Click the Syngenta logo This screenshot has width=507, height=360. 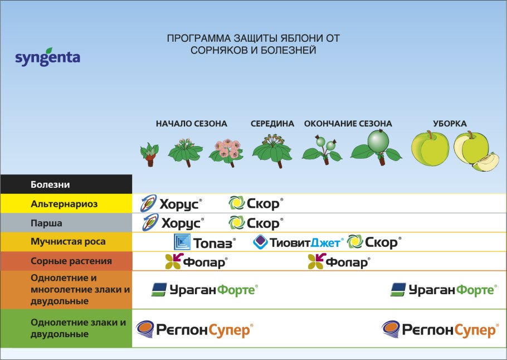[x=47, y=57]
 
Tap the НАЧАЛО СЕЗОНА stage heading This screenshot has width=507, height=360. [x=191, y=124]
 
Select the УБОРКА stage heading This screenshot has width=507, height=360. [x=450, y=124]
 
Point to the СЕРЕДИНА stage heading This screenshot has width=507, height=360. [x=272, y=124]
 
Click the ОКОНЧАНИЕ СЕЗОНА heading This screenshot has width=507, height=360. [x=348, y=124]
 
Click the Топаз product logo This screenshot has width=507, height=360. [x=204, y=242]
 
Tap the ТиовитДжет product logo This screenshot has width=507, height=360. [x=298, y=242]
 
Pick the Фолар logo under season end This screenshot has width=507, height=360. [x=339, y=261]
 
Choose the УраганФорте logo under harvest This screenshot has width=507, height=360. [x=442, y=289]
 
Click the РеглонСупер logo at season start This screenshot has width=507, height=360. [x=194, y=329]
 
